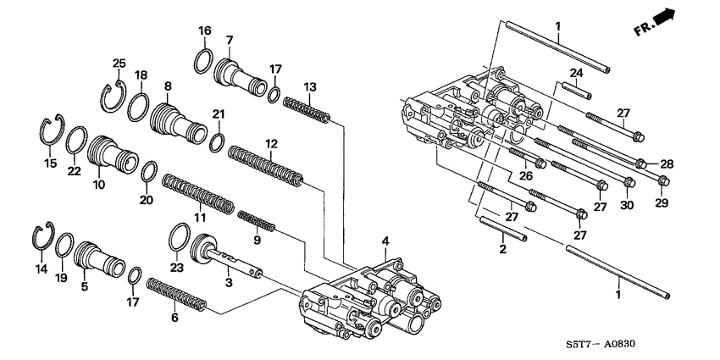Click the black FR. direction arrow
click(670, 16)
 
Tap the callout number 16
click(204, 31)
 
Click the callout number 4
click(385, 242)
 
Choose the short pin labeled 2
click(504, 229)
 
